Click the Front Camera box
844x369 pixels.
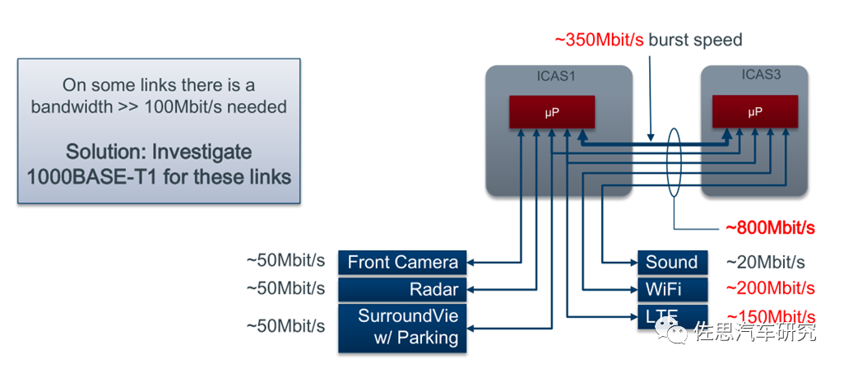point(402,263)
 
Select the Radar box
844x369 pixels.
point(402,289)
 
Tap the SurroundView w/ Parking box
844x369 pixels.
point(402,327)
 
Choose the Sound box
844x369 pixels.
point(671,263)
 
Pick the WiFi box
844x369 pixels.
point(671,289)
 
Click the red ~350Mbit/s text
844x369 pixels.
point(600,40)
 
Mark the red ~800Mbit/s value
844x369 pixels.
point(770,228)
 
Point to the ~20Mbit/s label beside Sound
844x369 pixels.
point(765,263)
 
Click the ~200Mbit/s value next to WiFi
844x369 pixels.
point(770,289)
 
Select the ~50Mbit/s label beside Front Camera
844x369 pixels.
point(285,262)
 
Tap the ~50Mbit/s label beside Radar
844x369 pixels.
point(285,288)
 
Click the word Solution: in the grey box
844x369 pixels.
point(108,152)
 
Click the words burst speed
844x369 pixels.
point(696,40)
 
